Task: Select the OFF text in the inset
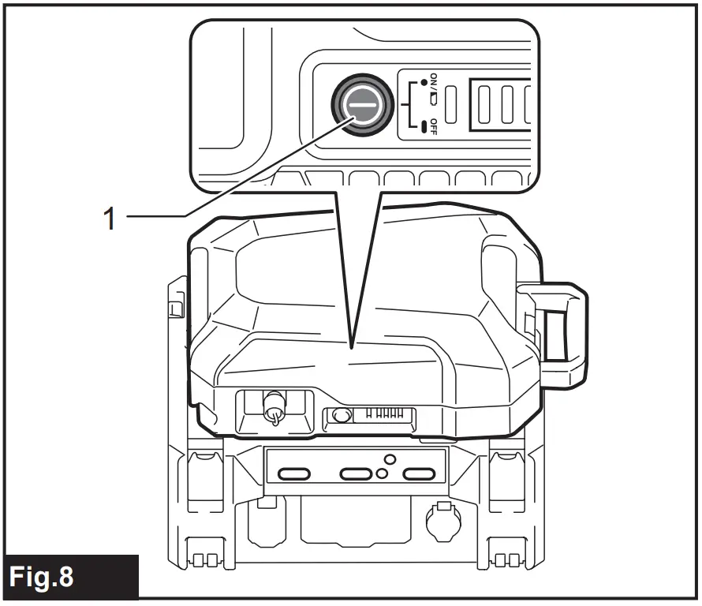433,125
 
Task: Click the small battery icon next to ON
433,99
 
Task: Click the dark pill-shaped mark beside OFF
424,125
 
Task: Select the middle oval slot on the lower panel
355,473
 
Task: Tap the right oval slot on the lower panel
420,473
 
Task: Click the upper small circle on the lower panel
388,458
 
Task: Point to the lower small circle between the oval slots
381,474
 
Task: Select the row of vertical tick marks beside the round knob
381,415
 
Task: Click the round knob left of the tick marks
342,416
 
